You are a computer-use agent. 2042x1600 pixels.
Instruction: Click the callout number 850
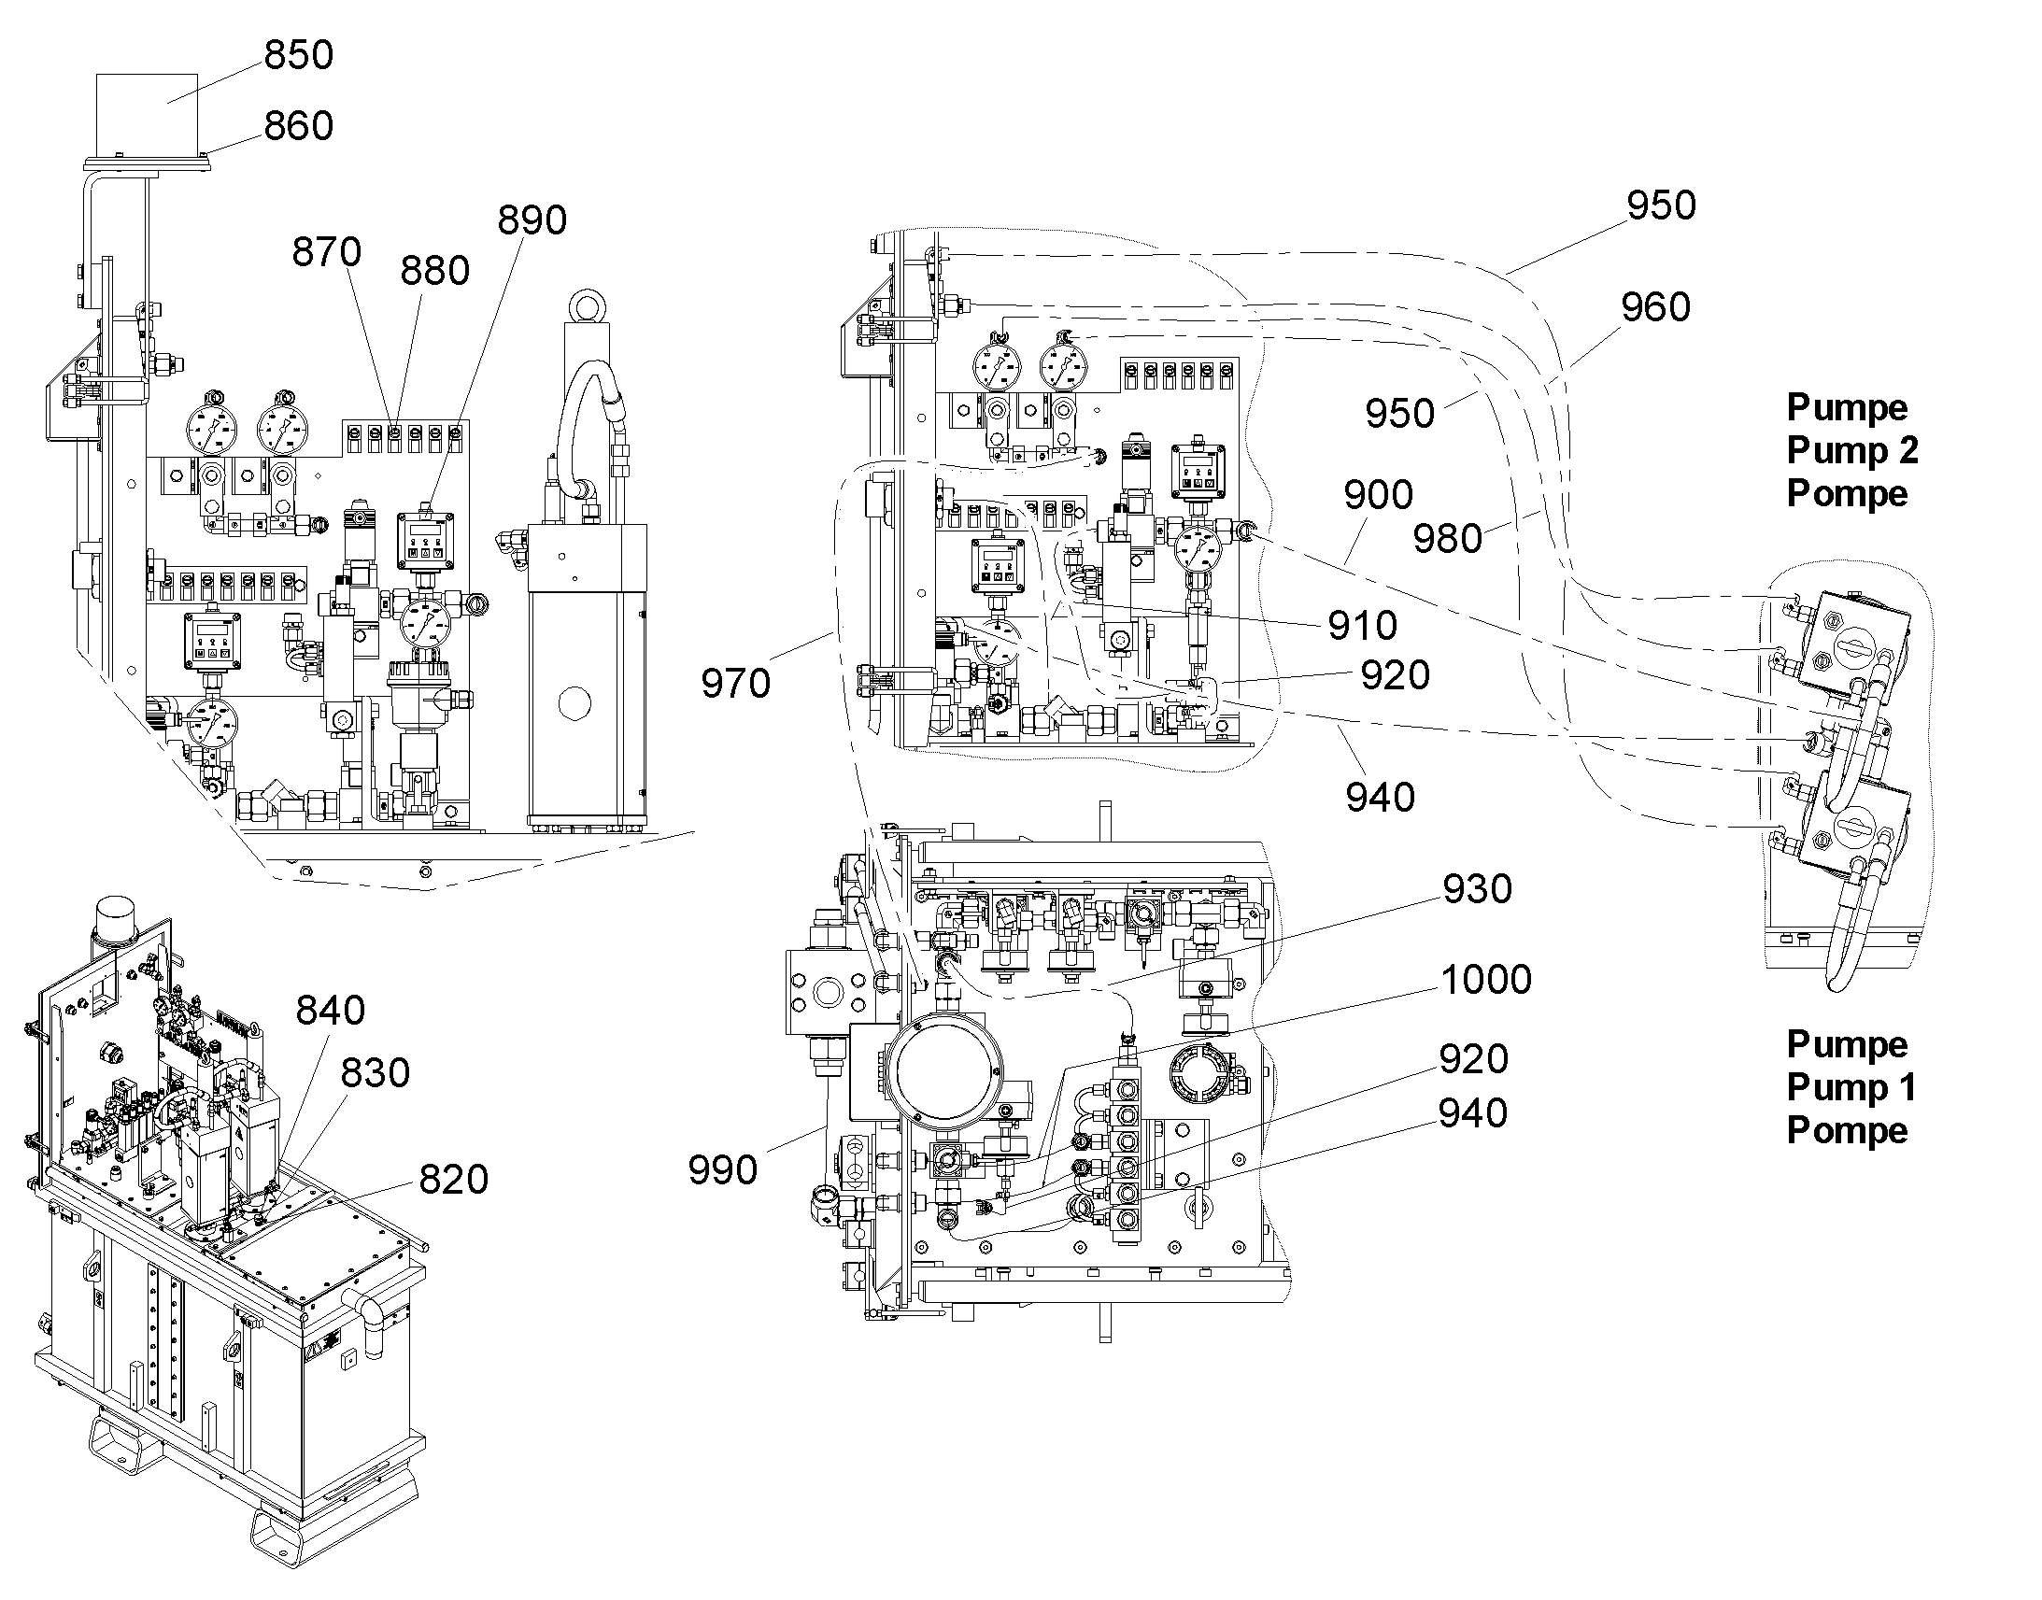click(299, 54)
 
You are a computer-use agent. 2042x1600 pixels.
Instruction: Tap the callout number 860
click(299, 125)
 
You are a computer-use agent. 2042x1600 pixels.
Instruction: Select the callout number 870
click(326, 251)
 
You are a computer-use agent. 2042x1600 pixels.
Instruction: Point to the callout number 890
click(532, 220)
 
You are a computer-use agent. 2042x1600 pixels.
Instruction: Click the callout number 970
click(735, 684)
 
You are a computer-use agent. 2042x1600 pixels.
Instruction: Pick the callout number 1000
click(1485, 980)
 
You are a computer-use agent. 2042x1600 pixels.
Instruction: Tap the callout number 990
click(722, 1170)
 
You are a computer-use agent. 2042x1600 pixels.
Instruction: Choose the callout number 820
click(453, 1180)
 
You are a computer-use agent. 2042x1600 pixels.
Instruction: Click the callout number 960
click(1655, 307)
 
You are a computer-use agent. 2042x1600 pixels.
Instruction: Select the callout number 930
click(1477, 889)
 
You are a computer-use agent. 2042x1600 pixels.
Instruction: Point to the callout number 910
click(1362, 625)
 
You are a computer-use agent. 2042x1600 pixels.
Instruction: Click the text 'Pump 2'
click(1851, 450)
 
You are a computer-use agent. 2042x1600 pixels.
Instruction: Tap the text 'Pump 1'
click(1851, 1087)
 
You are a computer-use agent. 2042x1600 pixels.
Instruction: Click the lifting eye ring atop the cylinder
click(586, 307)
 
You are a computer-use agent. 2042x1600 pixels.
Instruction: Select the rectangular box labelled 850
click(147, 114)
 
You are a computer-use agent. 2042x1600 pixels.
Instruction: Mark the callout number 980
click(1447, 539)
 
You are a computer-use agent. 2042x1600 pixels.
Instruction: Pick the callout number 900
click(1378, 495)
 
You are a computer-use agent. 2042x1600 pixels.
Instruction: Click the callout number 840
click(330, 1011)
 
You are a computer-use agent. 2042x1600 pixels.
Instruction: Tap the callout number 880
click(434, 271)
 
